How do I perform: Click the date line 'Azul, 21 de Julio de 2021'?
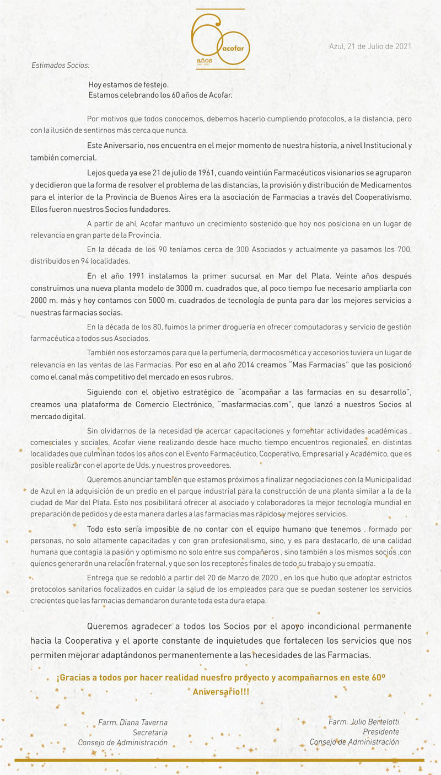[x=370, y=46]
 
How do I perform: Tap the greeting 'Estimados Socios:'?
[x=60, y=65]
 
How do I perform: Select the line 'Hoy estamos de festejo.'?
[x=128, y=85]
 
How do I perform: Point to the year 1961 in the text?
[x=197, y=173]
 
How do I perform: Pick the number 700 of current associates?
[x=404, y=250]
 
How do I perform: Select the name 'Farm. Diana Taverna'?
[x=133, y=723]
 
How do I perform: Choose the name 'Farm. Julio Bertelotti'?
[x=364, y=721]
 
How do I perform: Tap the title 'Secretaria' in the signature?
[x=150, y=733]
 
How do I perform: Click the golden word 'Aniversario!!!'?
[x=220, y=691]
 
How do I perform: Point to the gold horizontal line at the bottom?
[x=220, y=760]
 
